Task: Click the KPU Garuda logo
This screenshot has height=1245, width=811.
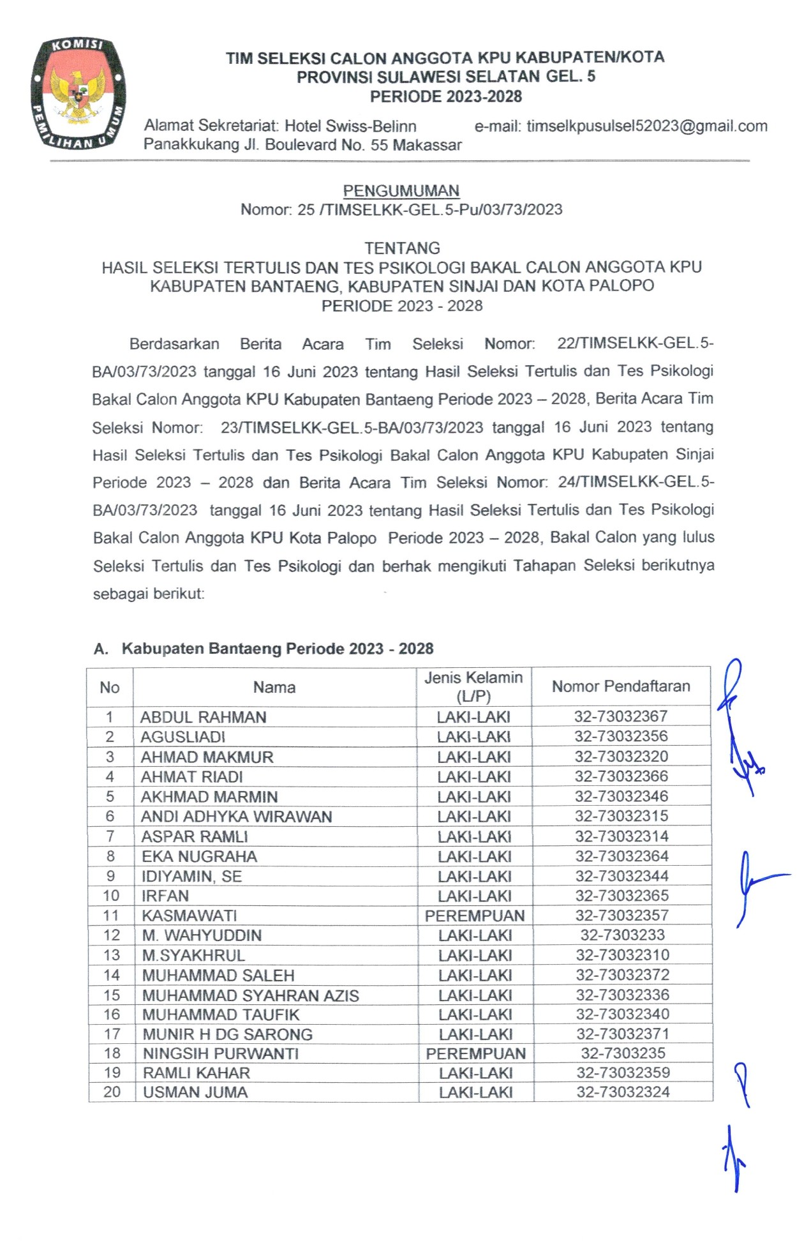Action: [x=78, y=93]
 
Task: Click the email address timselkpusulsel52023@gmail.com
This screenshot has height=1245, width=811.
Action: [x=647, y=126]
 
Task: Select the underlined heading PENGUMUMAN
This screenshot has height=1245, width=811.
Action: [x=401, y=191]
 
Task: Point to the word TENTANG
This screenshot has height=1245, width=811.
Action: [x=402, y=248]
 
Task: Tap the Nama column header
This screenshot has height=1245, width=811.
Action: [x=274, y=687]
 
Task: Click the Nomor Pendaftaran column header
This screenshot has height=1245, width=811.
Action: [x=621, y=686]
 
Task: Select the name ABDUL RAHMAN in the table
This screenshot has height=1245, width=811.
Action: [x=204, y=717]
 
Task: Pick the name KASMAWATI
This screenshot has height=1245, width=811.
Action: [x=189, y=916]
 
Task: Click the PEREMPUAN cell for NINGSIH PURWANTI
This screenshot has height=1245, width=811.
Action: [x=476, y=1053]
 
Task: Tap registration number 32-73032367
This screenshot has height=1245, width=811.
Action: [x=621, y=716]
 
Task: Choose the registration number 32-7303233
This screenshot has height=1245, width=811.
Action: [x=622, y=935]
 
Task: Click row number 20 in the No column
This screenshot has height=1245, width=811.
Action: [x=112, y=1092]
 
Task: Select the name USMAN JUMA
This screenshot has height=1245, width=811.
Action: [x=195, y=1092]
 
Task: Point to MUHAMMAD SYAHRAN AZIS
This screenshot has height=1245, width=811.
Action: [x=251, y=995]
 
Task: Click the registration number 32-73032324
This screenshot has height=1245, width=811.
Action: [x=623, y=1092]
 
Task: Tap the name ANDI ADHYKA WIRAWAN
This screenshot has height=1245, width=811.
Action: [x=237, y=817]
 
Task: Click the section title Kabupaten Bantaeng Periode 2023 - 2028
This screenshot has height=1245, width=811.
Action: [x=278, y=649]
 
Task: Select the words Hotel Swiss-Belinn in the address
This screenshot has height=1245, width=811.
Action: [x=350, y=126]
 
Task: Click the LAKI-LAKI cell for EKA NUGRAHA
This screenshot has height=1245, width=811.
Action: [x=475, y=856]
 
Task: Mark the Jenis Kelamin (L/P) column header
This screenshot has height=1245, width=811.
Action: [x=473, y=686]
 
